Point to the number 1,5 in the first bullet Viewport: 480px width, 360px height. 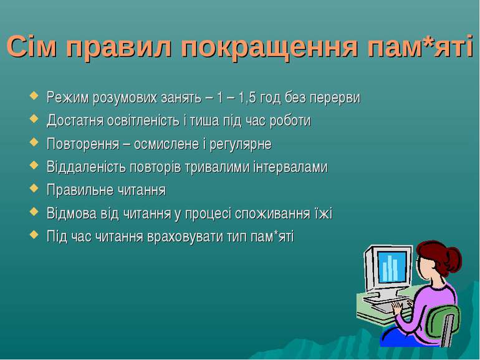click(247, 98)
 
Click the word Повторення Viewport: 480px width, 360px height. click(83, 144)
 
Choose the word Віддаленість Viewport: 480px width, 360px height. click(86, 167)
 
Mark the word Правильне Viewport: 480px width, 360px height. click(76, 190)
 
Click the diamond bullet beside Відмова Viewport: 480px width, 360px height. click(34, 212)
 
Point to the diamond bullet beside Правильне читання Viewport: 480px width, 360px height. click(34, 188)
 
